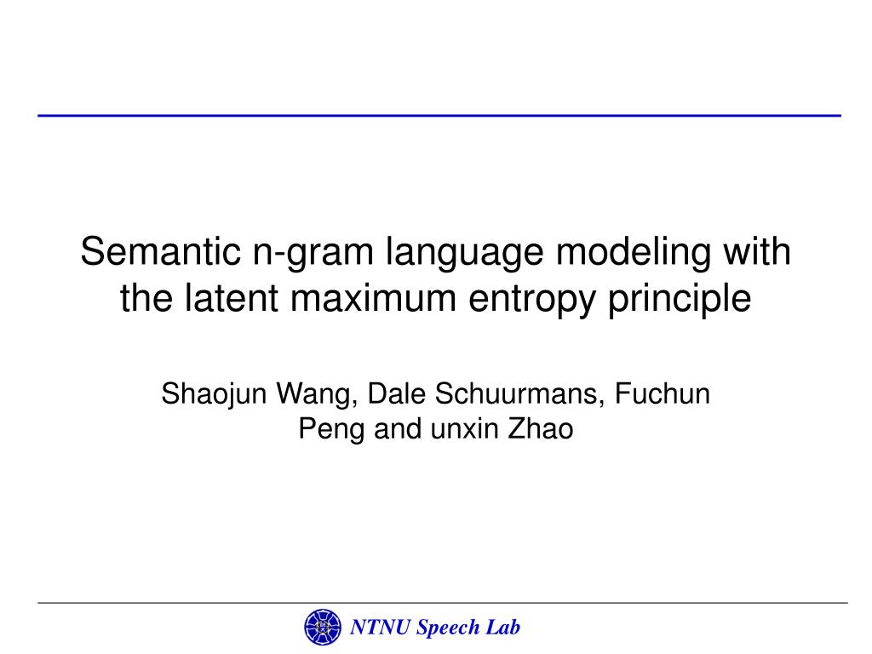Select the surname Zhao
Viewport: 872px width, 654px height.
click(541, 429)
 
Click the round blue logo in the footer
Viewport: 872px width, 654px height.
click(322, 628)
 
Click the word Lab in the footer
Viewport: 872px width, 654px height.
click(503, 628)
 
